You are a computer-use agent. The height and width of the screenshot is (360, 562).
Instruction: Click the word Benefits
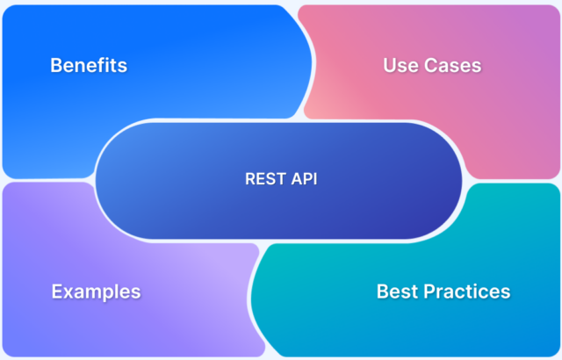89,66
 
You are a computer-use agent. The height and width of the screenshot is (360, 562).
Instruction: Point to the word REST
263,178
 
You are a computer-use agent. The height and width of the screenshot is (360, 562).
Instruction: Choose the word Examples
96,292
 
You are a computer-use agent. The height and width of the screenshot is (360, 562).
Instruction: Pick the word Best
396,291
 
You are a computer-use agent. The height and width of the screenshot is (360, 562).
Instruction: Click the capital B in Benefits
56,66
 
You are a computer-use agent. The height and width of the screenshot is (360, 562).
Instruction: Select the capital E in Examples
57,292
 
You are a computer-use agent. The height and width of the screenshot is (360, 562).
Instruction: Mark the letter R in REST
249,178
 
